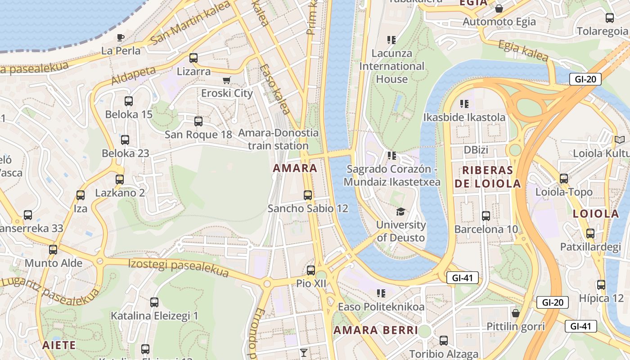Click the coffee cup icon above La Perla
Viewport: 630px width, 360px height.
[120, 37]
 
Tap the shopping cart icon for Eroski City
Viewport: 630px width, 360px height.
[227, 80]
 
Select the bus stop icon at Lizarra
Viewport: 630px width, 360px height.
[193, 58]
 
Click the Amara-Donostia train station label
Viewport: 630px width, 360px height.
[278, 139]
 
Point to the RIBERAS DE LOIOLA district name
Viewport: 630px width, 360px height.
[487, 176]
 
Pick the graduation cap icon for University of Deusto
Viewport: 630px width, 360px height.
[400, 211]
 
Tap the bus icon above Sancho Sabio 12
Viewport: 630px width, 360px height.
[308, 195]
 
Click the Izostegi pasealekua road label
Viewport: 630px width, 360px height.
[178, 268]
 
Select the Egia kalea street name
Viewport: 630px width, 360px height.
[523, 50]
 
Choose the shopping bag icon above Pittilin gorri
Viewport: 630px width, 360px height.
[516, 313]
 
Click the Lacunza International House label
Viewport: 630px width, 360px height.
[391, 66]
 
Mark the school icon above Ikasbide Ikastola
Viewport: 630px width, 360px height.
[464, 104]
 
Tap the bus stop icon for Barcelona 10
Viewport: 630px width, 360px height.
[486, 216]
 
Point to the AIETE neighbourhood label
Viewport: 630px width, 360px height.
[59, 345]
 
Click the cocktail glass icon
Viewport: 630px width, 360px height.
[304, 352]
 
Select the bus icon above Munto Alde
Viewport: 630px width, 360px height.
[53, 250]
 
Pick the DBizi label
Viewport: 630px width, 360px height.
[476, 150]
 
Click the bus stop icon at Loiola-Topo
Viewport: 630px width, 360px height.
[564, 179]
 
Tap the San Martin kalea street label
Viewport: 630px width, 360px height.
[191, 23]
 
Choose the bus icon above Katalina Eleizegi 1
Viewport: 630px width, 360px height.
[154, 302]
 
